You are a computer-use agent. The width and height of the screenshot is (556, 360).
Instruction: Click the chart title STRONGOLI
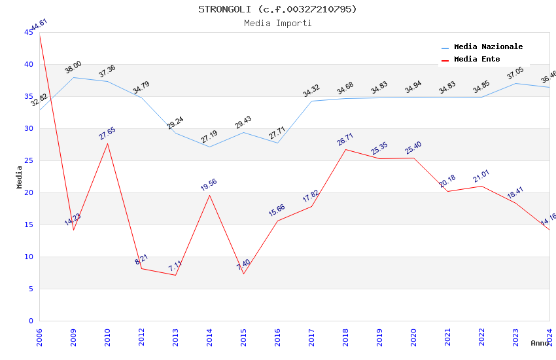tap(277, 9)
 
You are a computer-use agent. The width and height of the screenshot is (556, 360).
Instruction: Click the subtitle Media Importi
tap(277, 23)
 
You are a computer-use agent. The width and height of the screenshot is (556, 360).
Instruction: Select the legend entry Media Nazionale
tap(488, 46)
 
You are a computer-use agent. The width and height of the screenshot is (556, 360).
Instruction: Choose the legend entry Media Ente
tap(477, 59)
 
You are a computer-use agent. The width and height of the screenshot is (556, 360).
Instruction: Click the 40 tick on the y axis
tap(29, 64)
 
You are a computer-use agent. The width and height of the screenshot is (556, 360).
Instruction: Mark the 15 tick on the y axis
tap(29, 225)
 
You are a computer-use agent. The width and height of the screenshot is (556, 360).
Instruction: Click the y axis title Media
tap(20, 177)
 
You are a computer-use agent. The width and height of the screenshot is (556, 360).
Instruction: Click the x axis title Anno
tap(540, 343)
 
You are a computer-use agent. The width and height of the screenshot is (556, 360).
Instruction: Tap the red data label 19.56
tap(209, 185)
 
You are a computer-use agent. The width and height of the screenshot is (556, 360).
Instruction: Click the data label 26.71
tap(345, 139)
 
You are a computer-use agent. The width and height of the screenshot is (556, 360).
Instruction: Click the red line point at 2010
tap(107, 143)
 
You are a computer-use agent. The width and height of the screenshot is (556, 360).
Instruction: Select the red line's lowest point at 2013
tap(175, 275)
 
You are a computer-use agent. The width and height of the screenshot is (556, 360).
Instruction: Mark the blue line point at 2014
tap(209, 147)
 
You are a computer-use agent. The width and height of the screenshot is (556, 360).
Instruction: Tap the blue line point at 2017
tap(311, 101)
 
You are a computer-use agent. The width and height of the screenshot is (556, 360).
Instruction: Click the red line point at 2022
tap(481, 186)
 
